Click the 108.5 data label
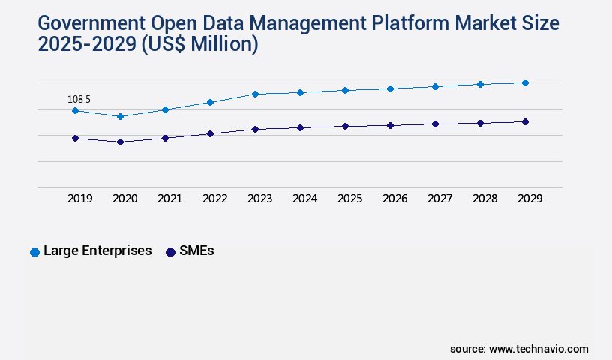(79, 99)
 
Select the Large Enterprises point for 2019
(75, 110)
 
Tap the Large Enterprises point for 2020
(120, 116)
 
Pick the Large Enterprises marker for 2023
(255, 94)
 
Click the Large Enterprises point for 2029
(525, 82)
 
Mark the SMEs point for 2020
(120, 142)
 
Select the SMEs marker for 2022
(210, 133)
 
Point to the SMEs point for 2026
(390, 125)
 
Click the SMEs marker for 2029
(525, 121)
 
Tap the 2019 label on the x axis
(80, 199)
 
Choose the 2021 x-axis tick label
(170, 199)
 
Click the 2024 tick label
(305, 199)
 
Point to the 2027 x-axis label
(440, 199)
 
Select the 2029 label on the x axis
(530, 199)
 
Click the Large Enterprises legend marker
(34, 252)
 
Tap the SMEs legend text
(196, 251)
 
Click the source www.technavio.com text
(519, 349)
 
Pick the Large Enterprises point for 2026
(390, 88)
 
